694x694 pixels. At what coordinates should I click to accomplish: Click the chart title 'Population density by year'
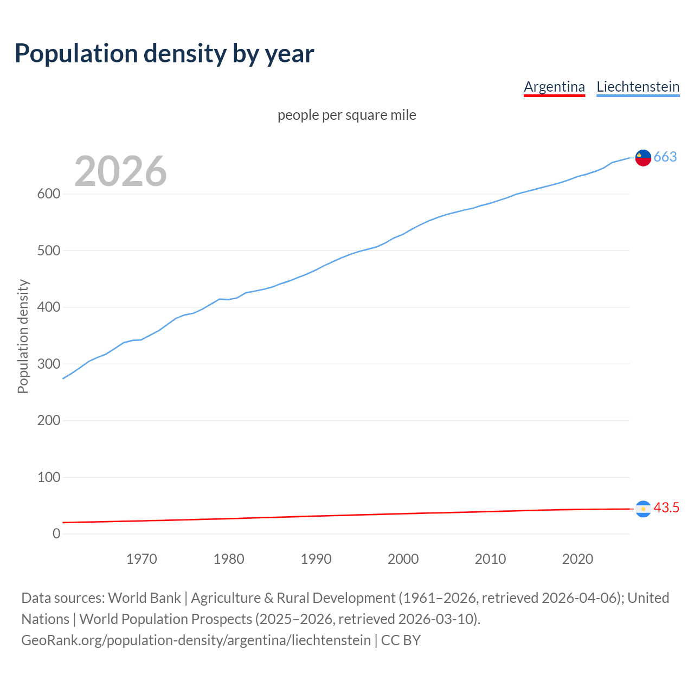pos(164,54)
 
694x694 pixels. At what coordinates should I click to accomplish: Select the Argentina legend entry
pos(554,87)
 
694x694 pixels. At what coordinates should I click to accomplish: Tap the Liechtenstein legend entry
pos(638,87)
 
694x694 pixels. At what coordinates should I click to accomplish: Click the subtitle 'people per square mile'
pos(346,115)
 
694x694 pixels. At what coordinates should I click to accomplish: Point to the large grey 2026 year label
pos(120,171)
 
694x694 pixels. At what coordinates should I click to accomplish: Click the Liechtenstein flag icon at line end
pos(643,157)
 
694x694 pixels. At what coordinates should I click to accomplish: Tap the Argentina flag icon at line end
pos(643,509)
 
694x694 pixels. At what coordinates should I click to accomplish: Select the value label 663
pos(665,157)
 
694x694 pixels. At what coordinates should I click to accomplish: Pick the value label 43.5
pos(666,508)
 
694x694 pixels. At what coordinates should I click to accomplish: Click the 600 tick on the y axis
pos(48,194)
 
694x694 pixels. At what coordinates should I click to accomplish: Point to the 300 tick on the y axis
pos(48,364)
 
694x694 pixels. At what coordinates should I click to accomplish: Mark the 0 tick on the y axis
pos(56,534)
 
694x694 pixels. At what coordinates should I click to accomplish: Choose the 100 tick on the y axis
pos(48,477)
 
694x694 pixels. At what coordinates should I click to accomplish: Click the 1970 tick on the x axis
pos(142,559)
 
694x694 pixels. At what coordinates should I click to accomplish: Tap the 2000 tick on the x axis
pos(403,559)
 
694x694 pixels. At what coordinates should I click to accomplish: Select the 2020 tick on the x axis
pos(577,559)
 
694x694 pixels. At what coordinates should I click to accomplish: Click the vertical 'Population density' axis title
pos(23,336)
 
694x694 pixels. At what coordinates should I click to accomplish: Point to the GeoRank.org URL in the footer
pos(196,640)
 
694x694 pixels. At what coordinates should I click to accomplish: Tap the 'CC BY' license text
pos(401,640)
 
